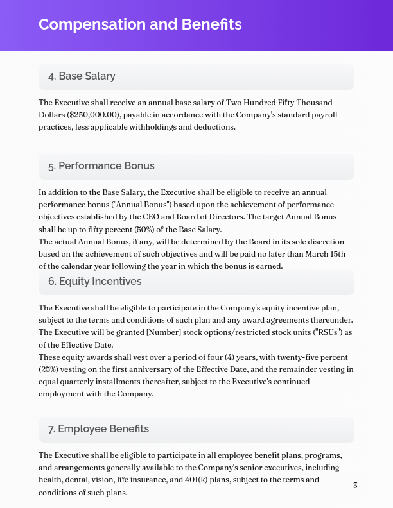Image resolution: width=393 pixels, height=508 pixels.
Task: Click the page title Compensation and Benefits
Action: pyautogui.click(x=140, y=24)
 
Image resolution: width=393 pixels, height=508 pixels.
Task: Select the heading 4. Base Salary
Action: pyautogui.click(x=82, y=76)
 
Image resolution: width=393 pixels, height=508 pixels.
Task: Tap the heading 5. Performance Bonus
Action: pyautogui.click(x=101, y=165)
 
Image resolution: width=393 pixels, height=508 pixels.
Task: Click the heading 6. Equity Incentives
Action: pyautogui.click(x=94, y=281)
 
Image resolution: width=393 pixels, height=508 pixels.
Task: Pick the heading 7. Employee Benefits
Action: pyautogui.click(x=98, y=428)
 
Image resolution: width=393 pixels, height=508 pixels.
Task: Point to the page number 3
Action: pyautogui.click(x=355, y=485)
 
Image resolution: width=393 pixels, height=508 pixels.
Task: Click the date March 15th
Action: pyautogui.click(x=324, y=254)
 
